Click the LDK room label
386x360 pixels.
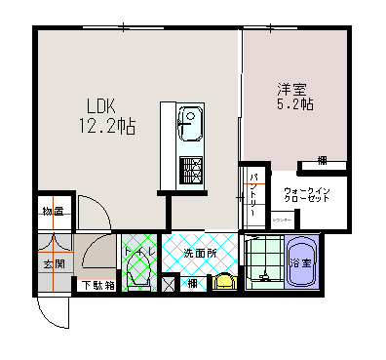pyautogui.click(x=101, y=106)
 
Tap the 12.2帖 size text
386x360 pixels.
pyautogui.click(x=106, y=126)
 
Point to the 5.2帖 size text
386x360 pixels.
pyautogui.click(x=293, y=103)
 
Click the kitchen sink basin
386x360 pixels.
pyautogui.click(x=189, y=125)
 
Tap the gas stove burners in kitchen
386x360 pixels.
pyautogui.click(x=189, y=170)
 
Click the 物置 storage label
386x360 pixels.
pyautogui.click(x=54, y=212)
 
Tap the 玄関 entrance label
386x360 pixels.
pyautogui.click(x=54, y=263)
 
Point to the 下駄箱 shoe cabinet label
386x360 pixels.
pyautogui.click(x=97, y=286)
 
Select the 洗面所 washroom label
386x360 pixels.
pyautogui.click(x=199, y=255)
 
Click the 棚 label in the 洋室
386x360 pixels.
pyautogui.click(x=321, y=161)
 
